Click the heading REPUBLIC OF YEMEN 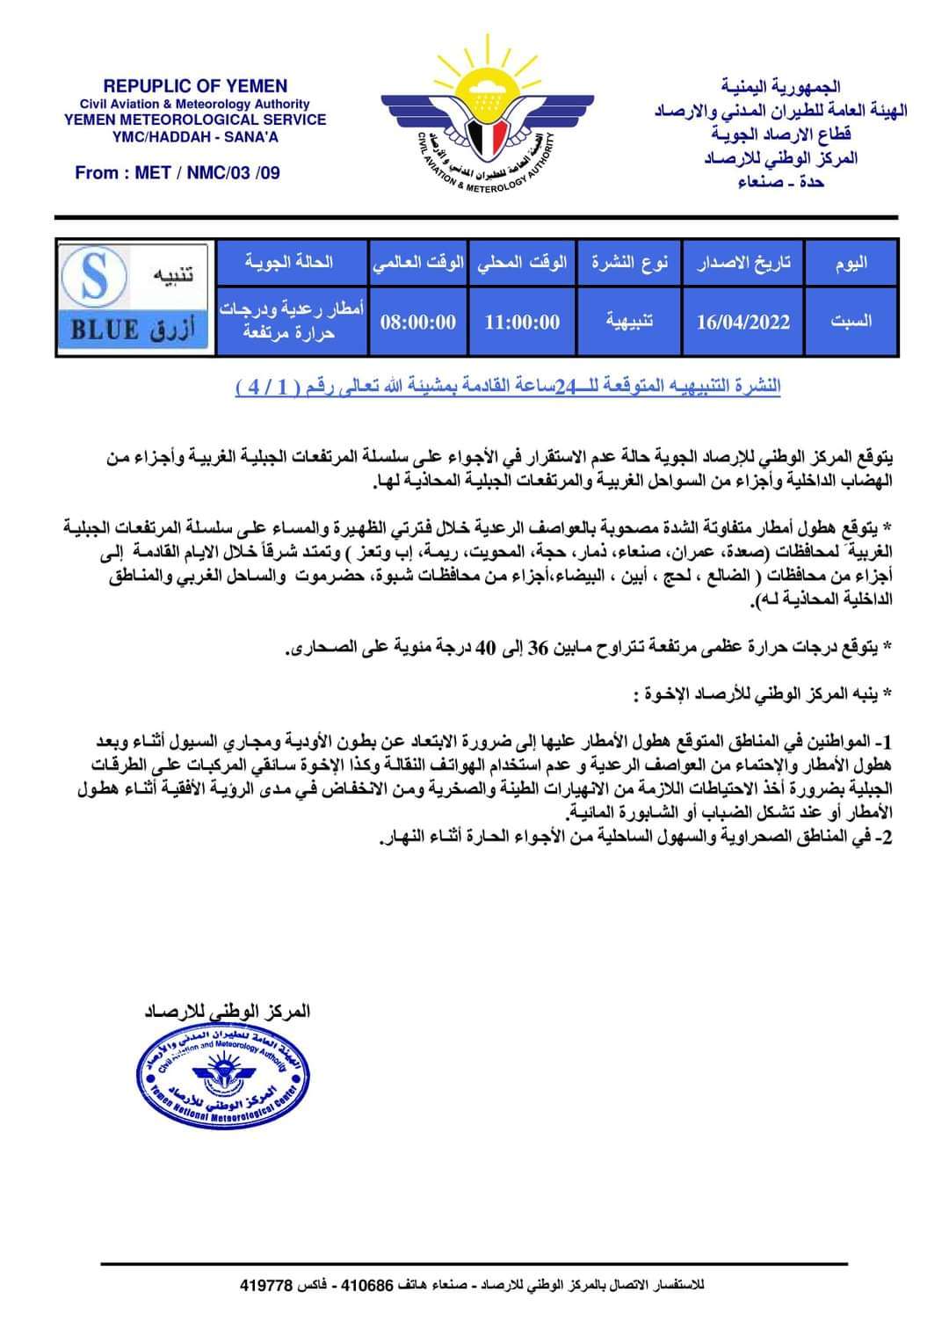pos(195,86)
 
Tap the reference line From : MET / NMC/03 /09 pos(177,173)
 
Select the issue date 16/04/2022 pos(743,322)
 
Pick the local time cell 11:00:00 pos(522,322)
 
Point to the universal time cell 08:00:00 pos(418,322)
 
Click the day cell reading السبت pos(851,321)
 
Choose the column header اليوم pos(851,263)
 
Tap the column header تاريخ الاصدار pos(744,263)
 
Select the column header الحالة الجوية pos(289,262)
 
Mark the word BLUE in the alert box pos(105,330)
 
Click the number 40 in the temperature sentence pos(485,648)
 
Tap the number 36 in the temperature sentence pos(538,648)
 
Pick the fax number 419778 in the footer pos(265,1285)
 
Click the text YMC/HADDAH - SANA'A pos(195,137)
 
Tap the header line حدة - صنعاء pos(781,182)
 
